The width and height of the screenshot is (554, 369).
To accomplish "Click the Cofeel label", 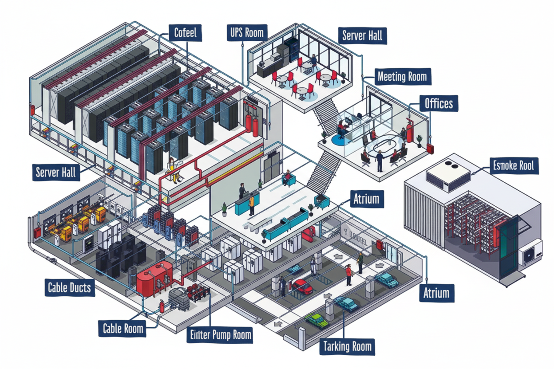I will tap(186, 32).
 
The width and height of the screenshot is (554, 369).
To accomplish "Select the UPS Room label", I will tap(247, 32).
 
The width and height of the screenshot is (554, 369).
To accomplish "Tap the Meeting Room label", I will tap(402, 77).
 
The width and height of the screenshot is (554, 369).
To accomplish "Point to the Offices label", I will tap(439, 103).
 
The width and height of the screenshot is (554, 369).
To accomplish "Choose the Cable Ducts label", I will tap(69, 288).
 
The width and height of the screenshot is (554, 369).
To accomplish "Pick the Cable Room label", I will tap(123, 329).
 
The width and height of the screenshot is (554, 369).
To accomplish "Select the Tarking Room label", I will tap(348, 346).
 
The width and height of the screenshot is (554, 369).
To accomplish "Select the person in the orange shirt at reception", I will tap(252, 204).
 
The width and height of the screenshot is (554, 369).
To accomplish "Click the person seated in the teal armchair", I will tap(288, 178).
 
